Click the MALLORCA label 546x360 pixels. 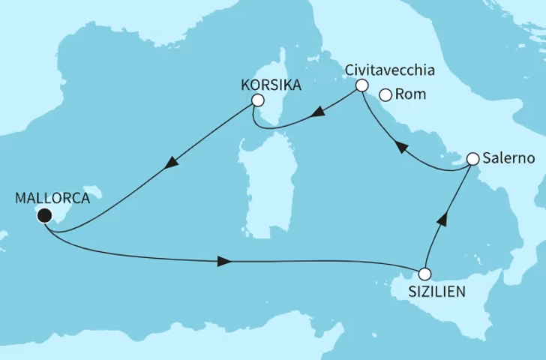52,199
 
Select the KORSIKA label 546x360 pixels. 271,85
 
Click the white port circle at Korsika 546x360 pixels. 258,100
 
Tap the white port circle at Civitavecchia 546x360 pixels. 361,85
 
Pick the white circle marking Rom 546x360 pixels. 386,95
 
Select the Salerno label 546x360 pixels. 509,159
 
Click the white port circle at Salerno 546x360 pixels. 473,159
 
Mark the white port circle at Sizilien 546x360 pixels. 425,274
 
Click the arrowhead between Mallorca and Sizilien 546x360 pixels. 223,262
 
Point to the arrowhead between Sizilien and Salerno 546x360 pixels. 443,218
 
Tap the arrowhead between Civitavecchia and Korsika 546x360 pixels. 318,114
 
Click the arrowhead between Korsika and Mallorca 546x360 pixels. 172,162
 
